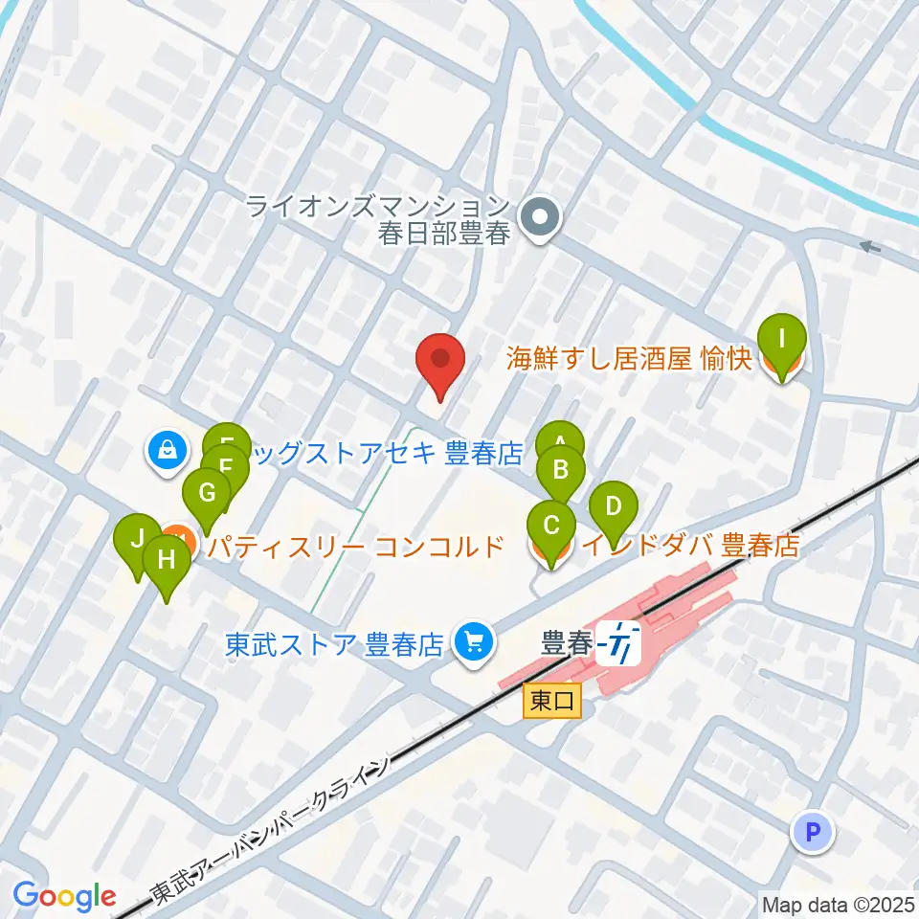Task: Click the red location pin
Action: point(440,362)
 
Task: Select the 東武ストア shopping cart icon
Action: point(473,640)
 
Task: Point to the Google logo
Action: point(64,896)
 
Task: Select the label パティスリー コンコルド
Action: point(356,548)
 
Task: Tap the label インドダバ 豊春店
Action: point(690,547)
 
